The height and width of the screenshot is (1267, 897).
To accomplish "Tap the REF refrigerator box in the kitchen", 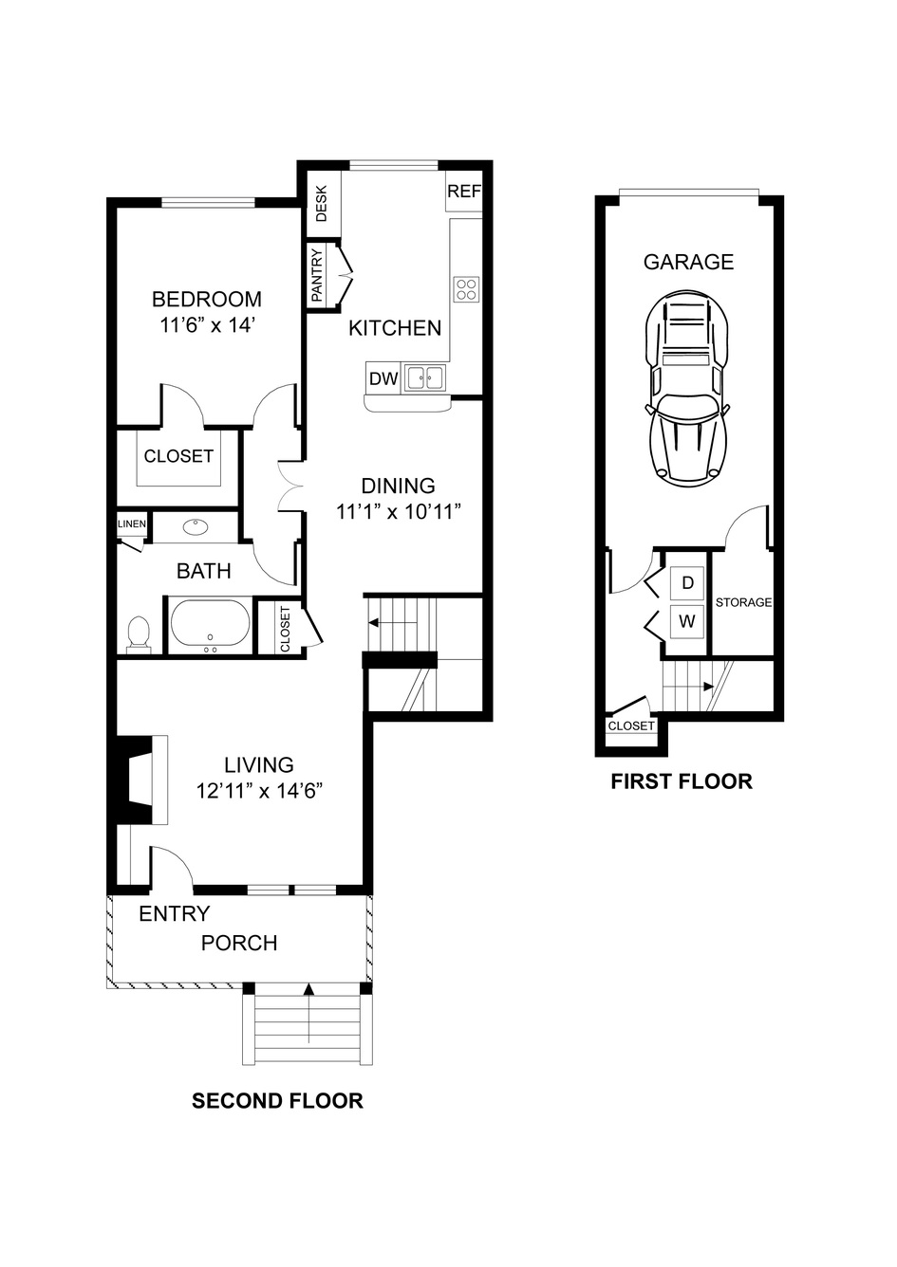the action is point(464,192).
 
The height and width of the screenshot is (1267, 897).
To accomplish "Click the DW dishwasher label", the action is point(383,378).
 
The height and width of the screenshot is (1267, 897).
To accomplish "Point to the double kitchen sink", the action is point(424,377).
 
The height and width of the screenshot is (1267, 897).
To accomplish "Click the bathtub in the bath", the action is point(210,623).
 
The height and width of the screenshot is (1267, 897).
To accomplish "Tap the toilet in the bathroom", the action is point(139,633).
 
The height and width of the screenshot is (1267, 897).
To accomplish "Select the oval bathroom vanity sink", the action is point(196,527).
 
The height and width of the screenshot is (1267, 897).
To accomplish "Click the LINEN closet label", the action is point(132,523).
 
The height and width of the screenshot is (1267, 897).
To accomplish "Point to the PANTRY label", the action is point(316,275).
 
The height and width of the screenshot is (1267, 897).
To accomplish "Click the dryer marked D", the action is point(687,582).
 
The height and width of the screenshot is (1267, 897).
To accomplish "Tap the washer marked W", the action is point(687,621).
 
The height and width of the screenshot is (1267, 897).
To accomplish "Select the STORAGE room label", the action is point(743,602).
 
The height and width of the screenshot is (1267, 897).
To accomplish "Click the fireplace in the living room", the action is point(140,780).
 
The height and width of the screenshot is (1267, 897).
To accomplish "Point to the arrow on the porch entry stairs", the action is point(308,1013).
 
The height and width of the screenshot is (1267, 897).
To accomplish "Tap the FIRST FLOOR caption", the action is point(682,781).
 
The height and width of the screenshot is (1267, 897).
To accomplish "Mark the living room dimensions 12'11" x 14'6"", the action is point(259,791).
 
